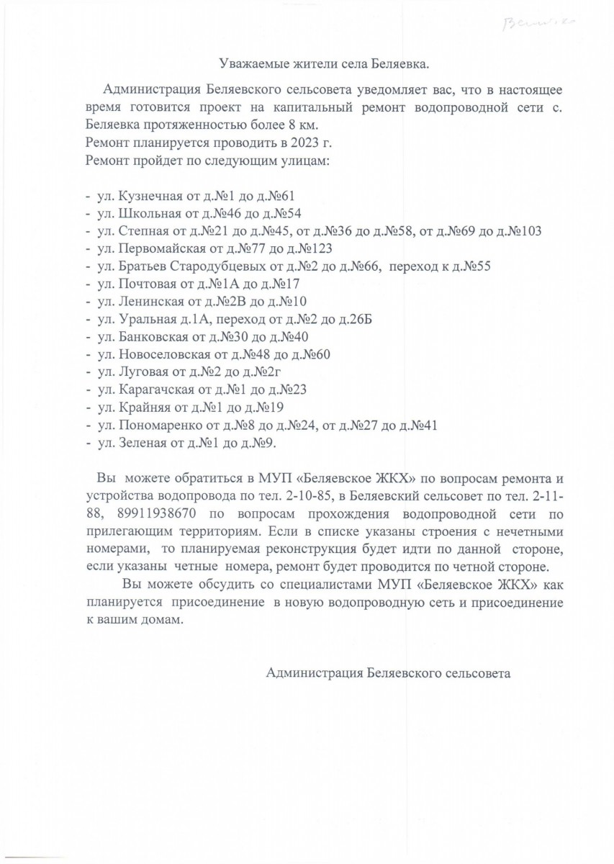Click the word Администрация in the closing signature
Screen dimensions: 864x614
[315, 674]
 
